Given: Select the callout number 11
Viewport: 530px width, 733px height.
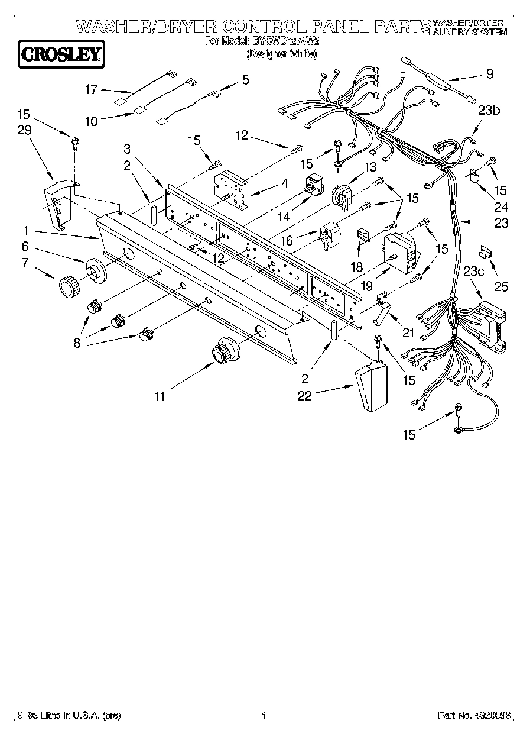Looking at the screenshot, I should tap(160, 396).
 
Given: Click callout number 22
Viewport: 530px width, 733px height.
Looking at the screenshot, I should tap(305, 396).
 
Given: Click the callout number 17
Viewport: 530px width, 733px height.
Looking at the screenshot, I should tap(90, 89).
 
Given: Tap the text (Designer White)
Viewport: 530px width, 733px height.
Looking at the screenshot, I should tap(281, 53).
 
